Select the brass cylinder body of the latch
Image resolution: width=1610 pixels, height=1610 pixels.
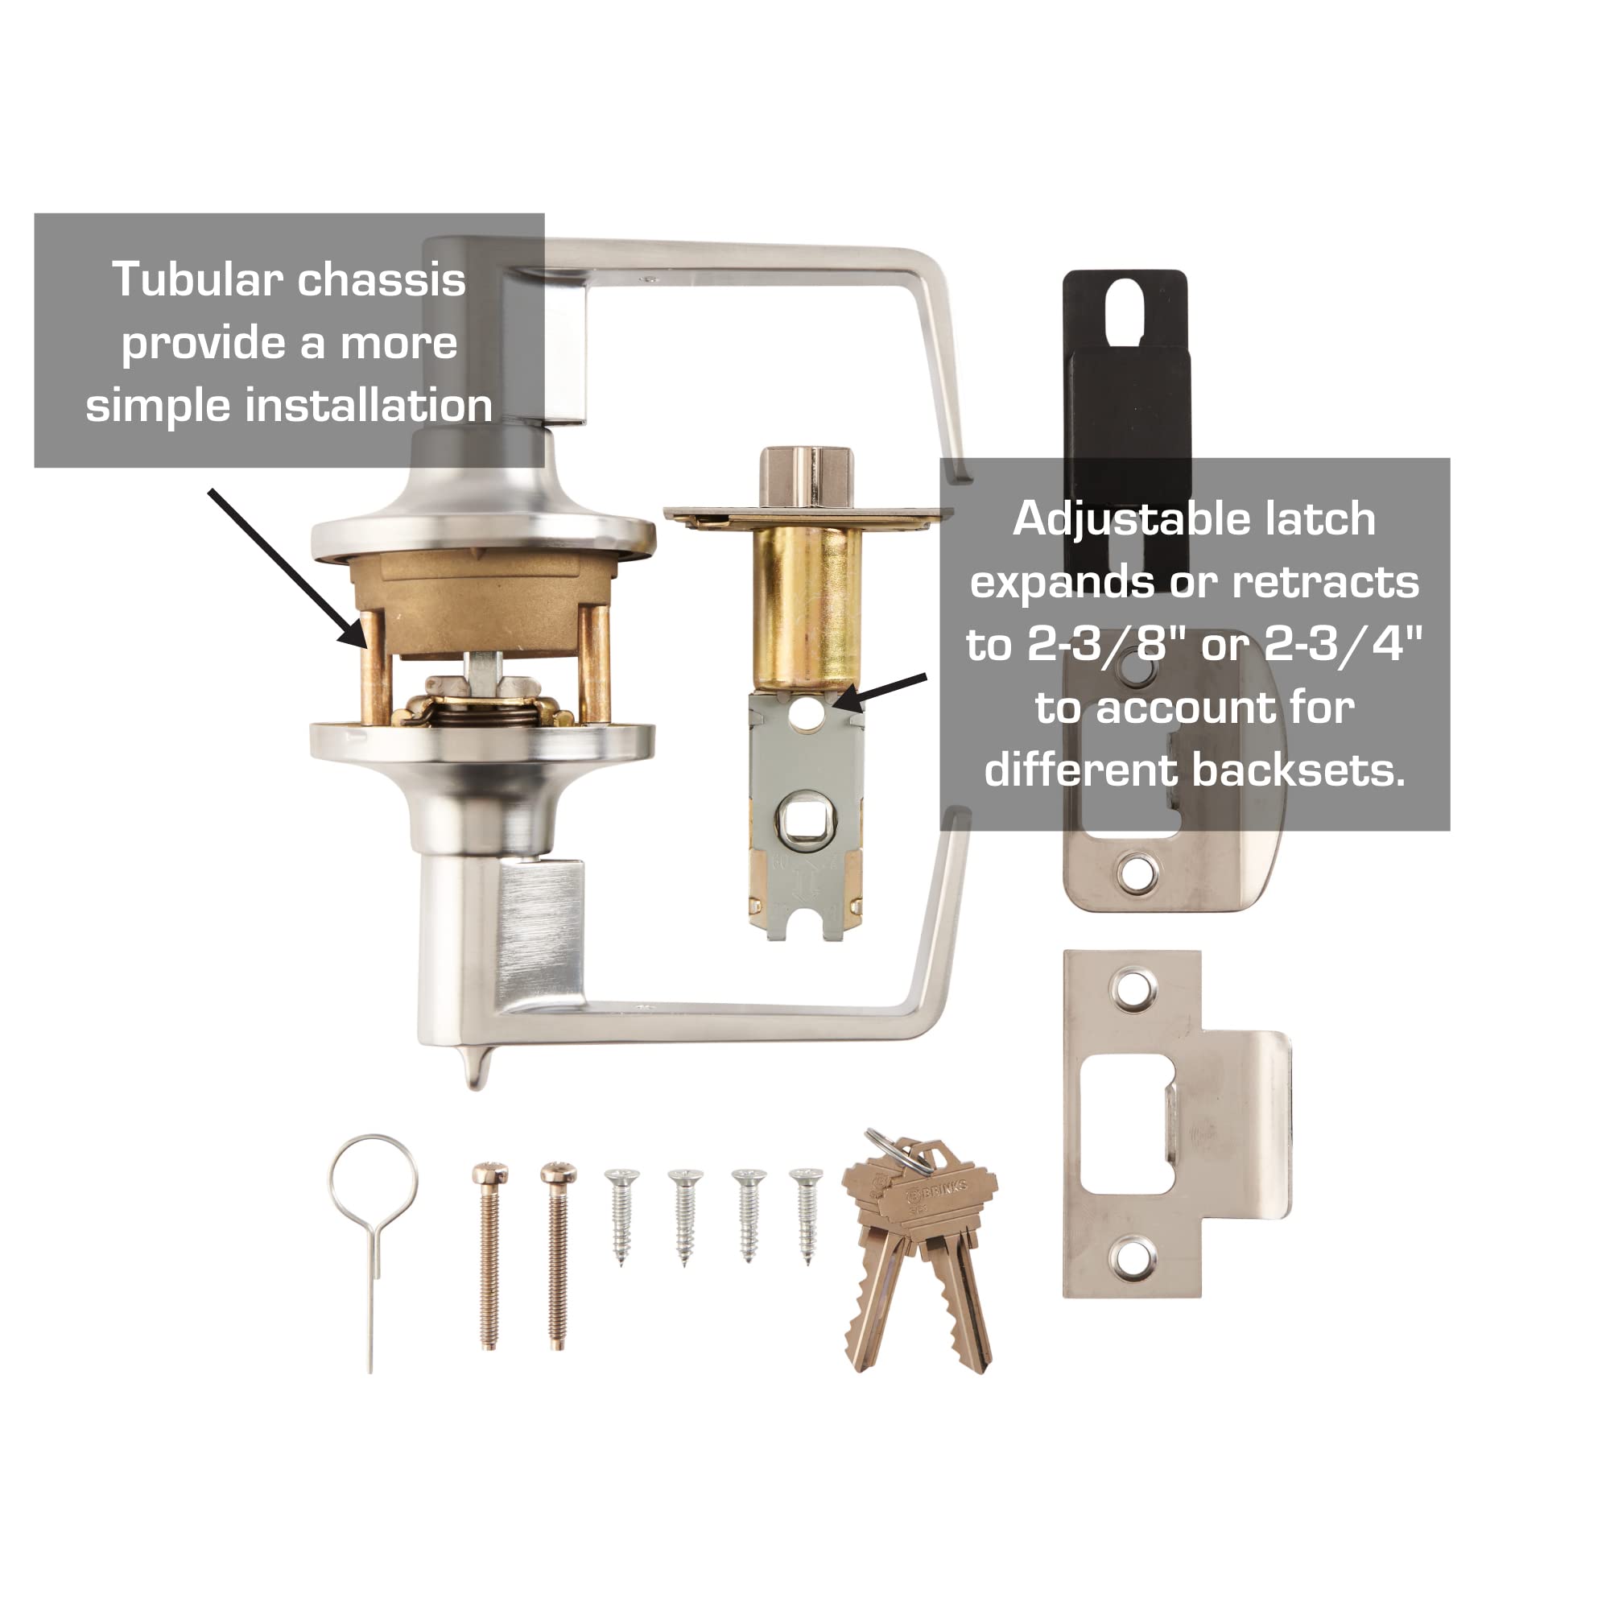(x=806, y=609)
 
